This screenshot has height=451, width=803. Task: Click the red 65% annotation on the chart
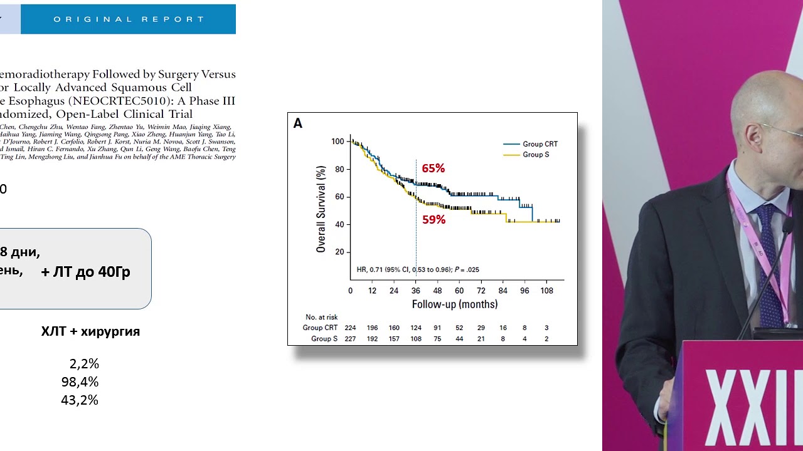click(x=433, y=168)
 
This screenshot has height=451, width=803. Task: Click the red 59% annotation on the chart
click(x=433, y=220)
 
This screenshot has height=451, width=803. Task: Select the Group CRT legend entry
click(x=540, y=144)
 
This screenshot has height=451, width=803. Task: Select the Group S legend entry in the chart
click(x=535, y=155)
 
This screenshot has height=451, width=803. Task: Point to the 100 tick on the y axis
click(x=338, y=142)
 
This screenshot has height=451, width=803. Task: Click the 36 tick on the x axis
click(x=415, y=291)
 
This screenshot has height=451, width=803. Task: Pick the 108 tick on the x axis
click(x=546, y=291)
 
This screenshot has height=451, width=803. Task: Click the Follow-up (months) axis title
click(x=454, y=304)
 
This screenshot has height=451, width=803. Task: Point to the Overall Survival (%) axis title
click(x=321, y=209)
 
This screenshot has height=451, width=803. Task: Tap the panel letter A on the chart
click(x=298, y=123)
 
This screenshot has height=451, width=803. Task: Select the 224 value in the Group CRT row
click(x=350, y=328)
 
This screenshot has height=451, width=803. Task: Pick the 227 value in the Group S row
click(x=350, y=339)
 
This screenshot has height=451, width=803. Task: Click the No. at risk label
click(x=321, y=317)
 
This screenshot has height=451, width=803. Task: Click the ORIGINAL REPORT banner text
click(x=129, y=19)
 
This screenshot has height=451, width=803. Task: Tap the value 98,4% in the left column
click(x=80, y=382)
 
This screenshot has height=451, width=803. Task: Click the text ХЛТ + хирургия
click(x=90, y=331)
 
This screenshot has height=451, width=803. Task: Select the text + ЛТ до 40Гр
click(x=85, y=272)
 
